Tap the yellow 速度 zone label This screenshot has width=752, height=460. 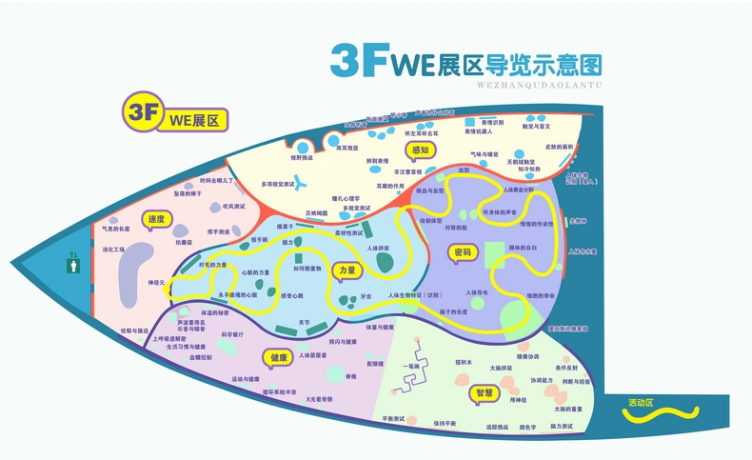[x=156, y=220]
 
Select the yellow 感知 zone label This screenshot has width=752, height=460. [x=420, y=150]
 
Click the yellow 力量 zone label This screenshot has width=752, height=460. [x=346, y=271]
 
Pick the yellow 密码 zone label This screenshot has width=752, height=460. [x=464, y=252]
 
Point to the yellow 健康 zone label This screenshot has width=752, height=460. [x=279, y=357]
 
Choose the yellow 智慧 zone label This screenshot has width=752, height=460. [x=485, y=392]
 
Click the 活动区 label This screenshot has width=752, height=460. [x=641, y=403]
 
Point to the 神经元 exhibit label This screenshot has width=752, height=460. [x=156, y=283]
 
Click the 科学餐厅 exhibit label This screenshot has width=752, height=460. [x=233, y=334]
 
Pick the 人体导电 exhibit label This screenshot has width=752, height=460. [x=476, y=291]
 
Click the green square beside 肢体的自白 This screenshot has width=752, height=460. [x=494, y=255]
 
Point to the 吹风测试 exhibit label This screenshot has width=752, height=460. [x=234, y=206]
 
